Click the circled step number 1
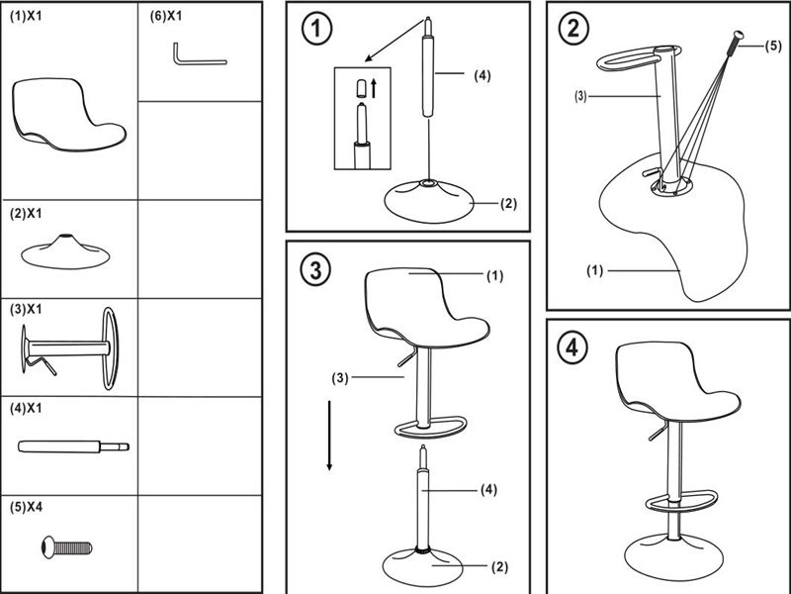316,30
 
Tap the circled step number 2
572,28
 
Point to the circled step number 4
572,348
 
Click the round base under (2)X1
65,251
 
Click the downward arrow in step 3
330,436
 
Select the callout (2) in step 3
499,567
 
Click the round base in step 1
427,200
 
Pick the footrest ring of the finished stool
682,500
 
